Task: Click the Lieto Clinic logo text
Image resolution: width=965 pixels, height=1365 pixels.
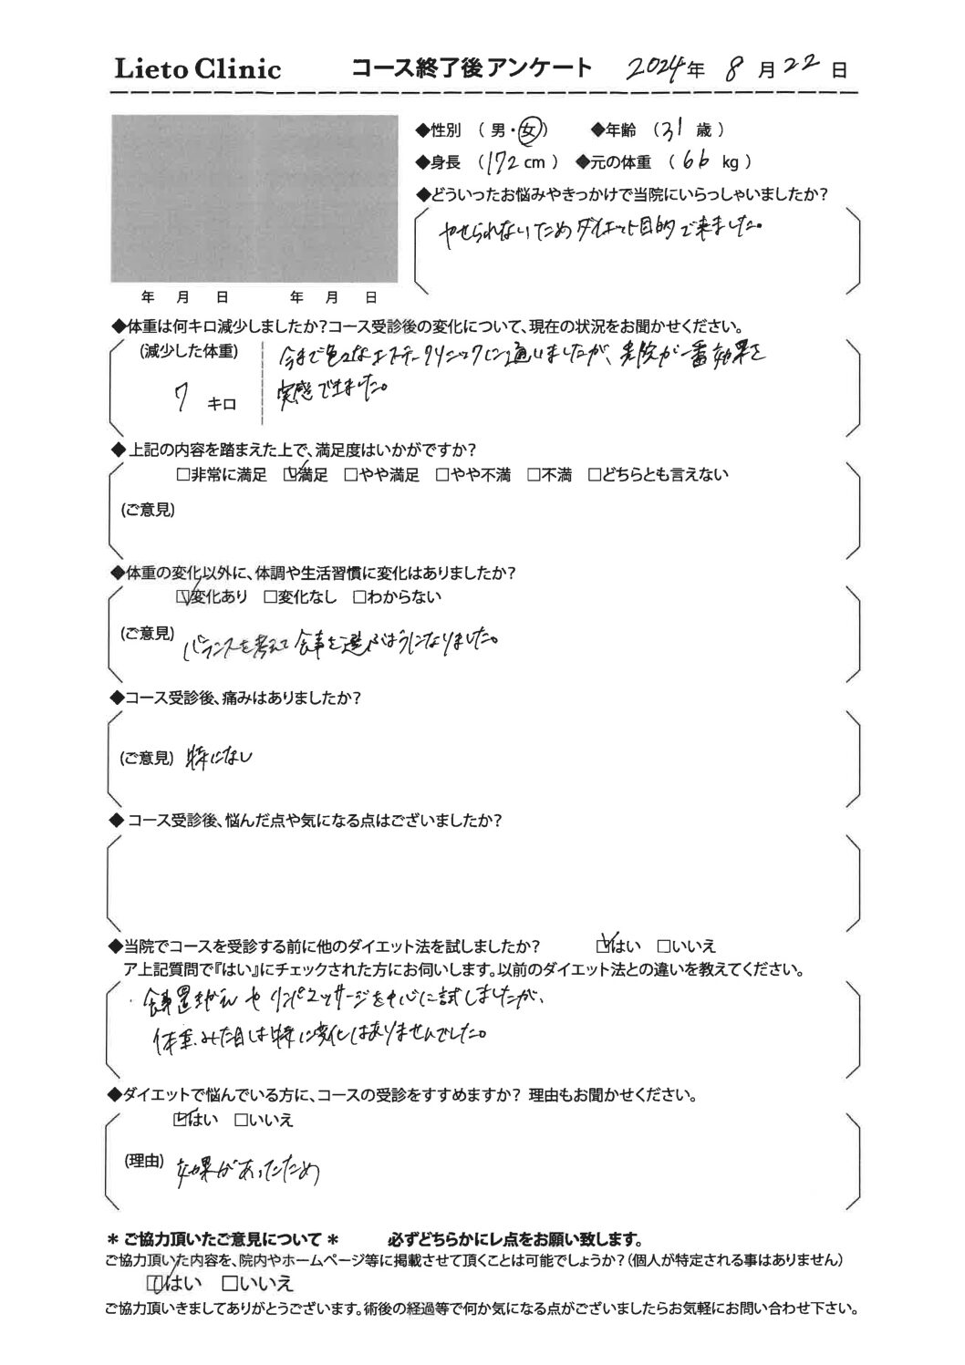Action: (x=195, y=69)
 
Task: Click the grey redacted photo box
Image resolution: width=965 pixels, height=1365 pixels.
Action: (x=254, y=199)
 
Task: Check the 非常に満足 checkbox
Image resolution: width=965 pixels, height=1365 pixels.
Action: (x=182, y=475)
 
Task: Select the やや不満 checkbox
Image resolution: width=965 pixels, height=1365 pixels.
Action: (x=441, y=475)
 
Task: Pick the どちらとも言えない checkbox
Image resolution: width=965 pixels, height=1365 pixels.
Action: (x=595, y=475)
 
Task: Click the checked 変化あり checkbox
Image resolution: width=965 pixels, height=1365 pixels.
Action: (x=182, y=598)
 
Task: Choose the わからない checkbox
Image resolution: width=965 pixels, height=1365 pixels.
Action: (x=358, y=598)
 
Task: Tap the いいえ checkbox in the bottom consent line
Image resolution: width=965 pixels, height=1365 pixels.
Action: (x=230, y=1284)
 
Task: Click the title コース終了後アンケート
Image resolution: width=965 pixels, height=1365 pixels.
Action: (x=471, y=68)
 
